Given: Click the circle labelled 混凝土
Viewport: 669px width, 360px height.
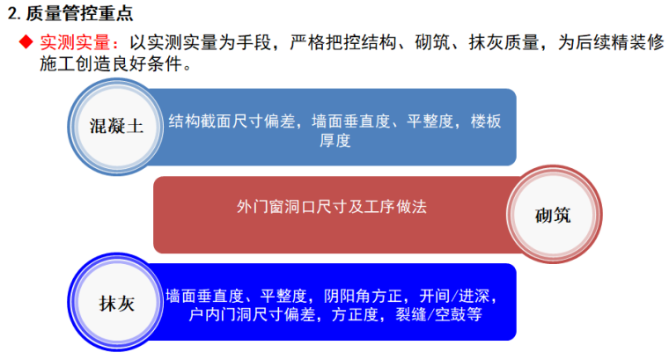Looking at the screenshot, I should click(115, 123).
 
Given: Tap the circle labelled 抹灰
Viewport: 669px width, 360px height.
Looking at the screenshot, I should click(115, 303).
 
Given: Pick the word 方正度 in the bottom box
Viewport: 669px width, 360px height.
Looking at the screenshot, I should click(358, 313).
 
